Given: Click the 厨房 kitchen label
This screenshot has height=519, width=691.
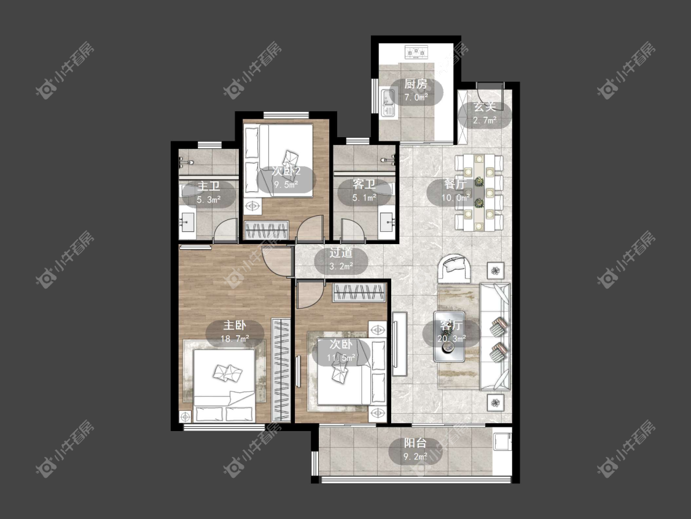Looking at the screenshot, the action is coord(416,84).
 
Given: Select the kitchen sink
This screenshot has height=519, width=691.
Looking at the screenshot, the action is coord(388,101).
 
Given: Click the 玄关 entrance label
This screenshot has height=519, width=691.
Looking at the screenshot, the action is coord(485,107).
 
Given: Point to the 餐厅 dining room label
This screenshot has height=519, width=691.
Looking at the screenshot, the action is coord(455,184).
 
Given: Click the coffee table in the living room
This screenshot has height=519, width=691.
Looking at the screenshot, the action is coord(448,336).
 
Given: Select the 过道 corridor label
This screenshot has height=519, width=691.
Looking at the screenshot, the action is coord(341,253).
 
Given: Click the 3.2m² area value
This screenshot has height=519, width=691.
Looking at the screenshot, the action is coord(342,266).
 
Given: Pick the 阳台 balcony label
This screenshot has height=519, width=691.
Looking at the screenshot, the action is coord(416,443).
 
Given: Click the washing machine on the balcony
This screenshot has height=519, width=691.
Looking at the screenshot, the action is coord(502,442).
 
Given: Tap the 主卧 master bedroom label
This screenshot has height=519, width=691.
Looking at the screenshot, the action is coord(235,326).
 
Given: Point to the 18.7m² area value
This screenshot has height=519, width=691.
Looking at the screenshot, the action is coord(235,339).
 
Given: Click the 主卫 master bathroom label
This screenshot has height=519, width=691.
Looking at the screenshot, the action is coord(208,186).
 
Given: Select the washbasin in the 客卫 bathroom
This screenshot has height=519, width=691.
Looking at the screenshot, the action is coord(388,221).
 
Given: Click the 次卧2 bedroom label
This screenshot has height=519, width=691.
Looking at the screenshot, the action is coord(286,171).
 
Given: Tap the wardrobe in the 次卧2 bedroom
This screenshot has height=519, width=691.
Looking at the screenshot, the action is coord(267,230).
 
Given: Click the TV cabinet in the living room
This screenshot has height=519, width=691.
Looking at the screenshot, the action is coord(399,344).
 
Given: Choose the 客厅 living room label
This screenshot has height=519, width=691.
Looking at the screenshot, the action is coord(451,326).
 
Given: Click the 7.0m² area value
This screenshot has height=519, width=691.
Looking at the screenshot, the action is coord(416,98).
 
